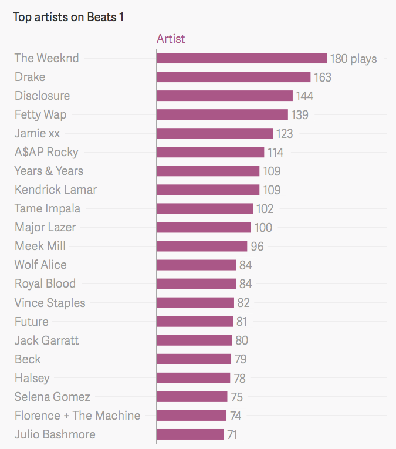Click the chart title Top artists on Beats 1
68,17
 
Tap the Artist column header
171,39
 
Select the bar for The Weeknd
241,58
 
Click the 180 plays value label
353,59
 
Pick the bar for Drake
233,77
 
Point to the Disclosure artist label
42,96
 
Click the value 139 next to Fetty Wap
300,115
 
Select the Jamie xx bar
214,133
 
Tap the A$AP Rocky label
46,152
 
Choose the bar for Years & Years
208,171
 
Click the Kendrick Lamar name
56,190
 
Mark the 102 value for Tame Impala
265,209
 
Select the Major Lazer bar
204,227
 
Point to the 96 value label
257,247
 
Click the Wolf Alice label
40,265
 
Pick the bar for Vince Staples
195,303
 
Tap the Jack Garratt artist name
46,340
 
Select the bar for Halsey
193,378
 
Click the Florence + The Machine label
77,416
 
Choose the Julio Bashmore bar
190,434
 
